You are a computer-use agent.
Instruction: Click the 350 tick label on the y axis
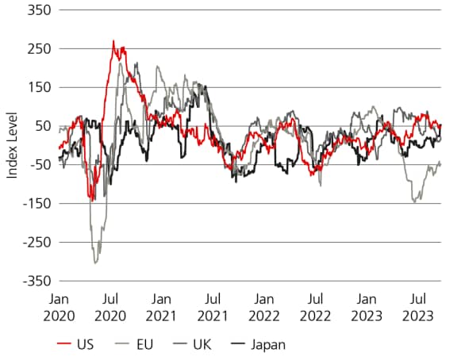click(x=38, y=10)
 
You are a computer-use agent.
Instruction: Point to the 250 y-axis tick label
click(x=38, y=49)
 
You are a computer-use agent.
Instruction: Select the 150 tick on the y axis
click(x=38, y=88)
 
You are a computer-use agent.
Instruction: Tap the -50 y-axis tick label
click(x=36, y=165)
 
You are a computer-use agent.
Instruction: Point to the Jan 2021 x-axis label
click(x=161, y=306)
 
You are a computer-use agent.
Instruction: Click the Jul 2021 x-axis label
click(x=213, y=306)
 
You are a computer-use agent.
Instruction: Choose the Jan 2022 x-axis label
click(x=263, y=306)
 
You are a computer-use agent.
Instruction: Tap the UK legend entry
click(x=196, y=344)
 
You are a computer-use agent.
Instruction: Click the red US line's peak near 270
click(x=113, y=41)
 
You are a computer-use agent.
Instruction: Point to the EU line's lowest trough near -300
click(x=96, y=262)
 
